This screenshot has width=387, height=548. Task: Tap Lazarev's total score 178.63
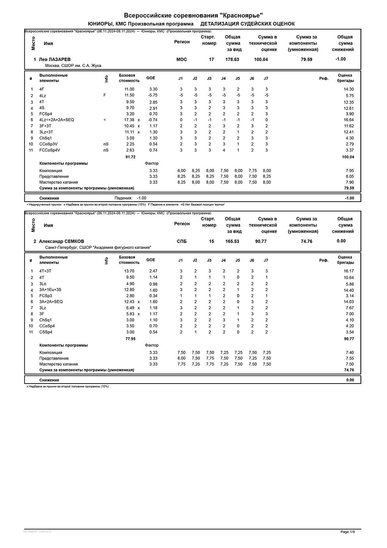click(232, 60)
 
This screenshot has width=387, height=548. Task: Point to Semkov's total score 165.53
click(232, 241)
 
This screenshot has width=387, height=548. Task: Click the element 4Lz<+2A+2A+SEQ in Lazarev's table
click(57, 120)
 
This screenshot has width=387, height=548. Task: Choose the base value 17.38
click(129, 120)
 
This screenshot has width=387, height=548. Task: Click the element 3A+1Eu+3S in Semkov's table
click(50, 290)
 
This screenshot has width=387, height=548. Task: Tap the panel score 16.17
click(348, 271)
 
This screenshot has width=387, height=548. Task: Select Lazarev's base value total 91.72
click(130, 157)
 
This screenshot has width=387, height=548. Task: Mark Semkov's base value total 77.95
click(130, 339)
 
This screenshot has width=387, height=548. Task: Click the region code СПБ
click(182, 241)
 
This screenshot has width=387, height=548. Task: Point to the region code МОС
click(182, 60)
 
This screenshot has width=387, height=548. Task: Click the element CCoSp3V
click(49, 144)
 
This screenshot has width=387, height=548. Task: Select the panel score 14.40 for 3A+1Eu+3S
click(348, 290)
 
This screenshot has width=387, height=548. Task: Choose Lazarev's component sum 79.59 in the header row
click(306, 60)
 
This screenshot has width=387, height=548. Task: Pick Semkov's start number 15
click(212, 241)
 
